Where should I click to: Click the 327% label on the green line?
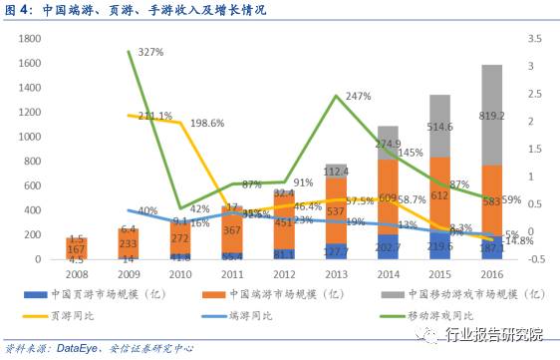(150, 52)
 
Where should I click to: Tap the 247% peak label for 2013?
(358, 97)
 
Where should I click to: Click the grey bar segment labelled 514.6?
(439, 127)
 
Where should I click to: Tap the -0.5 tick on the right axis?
(532, 259)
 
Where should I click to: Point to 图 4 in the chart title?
(19, 10)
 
